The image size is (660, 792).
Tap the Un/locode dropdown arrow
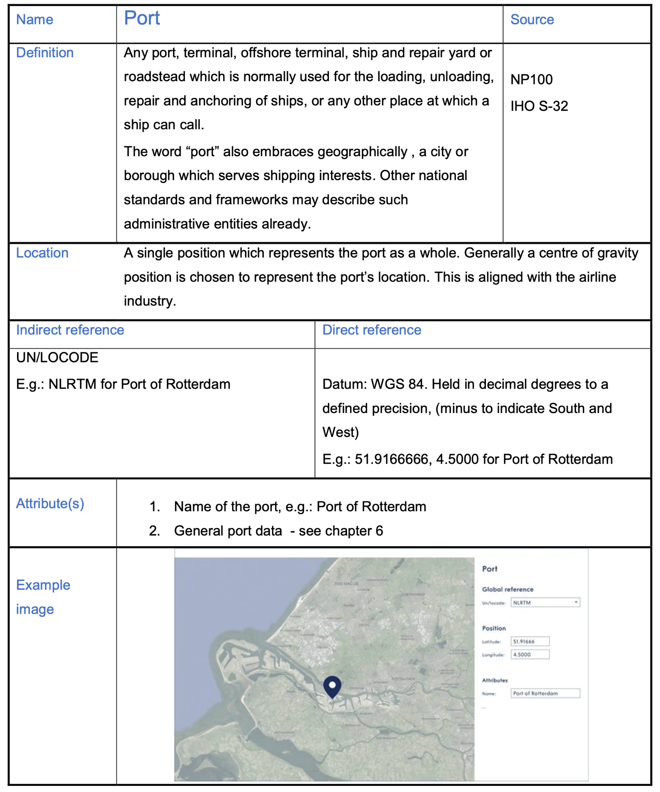[576, 602]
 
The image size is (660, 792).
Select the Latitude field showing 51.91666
[530, 641]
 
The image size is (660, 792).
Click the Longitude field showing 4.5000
[530, 654]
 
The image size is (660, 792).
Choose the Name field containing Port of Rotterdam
[545, 693]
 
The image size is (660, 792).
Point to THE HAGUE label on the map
[346, 584]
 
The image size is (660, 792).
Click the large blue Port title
[142, 18]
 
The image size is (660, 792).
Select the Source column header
[532, 20]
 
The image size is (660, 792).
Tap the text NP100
[532, 80]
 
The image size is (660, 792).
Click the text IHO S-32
[539, 106]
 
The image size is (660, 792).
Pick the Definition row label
[45, 53]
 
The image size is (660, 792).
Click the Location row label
[42, 253]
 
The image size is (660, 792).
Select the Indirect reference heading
[70, 330]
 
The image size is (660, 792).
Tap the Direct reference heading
[371, 330]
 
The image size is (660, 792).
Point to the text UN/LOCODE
[57, 357]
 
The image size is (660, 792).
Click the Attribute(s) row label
[50, 504]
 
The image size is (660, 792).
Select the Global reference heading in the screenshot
[508, 589]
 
